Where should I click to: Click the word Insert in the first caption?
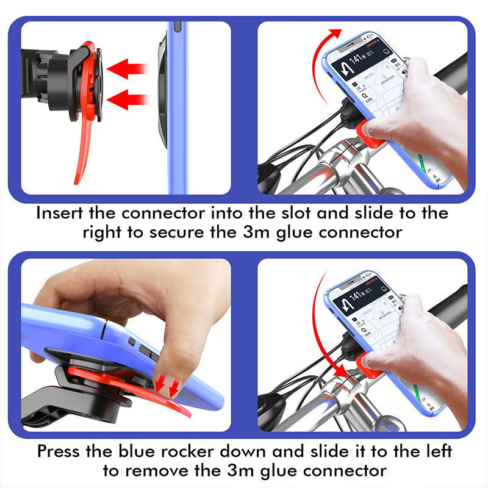tap(60, 213)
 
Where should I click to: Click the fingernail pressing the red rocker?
tap(168, 379)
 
